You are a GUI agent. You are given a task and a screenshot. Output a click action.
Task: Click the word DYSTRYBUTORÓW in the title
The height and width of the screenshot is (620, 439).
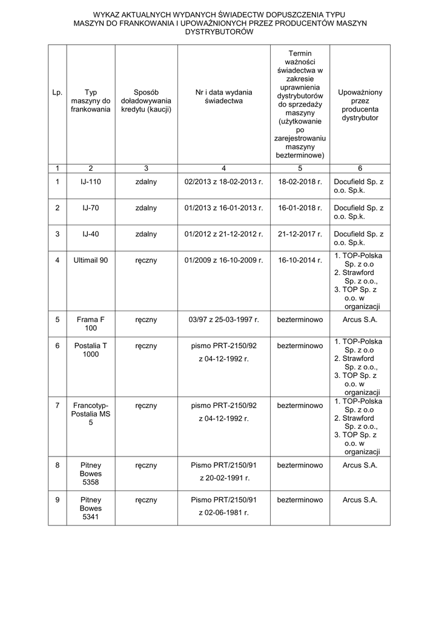pos(219,32)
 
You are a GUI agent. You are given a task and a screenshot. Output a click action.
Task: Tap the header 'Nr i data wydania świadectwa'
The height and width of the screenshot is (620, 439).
pos(223,97)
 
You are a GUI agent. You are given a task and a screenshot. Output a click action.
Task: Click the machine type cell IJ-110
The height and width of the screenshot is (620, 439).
pos(91,182)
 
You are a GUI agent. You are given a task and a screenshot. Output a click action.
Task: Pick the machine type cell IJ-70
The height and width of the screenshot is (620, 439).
pos(91,208)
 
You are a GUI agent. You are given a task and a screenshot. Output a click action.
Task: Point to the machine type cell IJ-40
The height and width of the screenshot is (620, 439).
pos(91,234)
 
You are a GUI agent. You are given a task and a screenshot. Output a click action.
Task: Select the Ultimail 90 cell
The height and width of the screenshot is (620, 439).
pos(91,260)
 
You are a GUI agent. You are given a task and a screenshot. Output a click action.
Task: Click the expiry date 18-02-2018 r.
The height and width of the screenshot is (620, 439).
pos(300,182)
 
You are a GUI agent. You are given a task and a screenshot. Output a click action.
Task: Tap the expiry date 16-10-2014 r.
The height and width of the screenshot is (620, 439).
pos(300,260)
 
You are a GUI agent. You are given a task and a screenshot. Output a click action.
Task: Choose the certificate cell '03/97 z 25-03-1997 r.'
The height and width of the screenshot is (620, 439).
pos(223,319)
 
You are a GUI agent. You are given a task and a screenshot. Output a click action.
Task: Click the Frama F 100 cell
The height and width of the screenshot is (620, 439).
pos(91,323)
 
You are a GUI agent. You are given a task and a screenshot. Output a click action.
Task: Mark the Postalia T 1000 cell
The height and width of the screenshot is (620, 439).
pos(91,350)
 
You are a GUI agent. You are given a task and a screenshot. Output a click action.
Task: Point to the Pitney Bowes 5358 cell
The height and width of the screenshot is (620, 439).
pos(91,473)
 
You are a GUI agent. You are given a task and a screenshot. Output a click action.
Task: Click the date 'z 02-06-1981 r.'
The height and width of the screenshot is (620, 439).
pos(223,512)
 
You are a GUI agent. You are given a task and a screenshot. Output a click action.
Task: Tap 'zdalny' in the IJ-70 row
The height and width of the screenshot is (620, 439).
pos(146,208)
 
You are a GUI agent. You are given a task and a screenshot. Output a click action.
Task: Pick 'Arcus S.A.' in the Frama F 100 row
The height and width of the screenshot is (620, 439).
pos(360,319)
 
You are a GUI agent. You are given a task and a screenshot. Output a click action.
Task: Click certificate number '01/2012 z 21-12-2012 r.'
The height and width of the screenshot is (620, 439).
pos(223,234)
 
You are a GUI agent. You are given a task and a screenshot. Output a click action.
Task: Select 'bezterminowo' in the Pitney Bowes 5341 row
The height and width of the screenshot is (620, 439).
pos(300,500)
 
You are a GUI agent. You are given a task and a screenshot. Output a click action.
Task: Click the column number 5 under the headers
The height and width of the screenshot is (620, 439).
pos(300,168)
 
